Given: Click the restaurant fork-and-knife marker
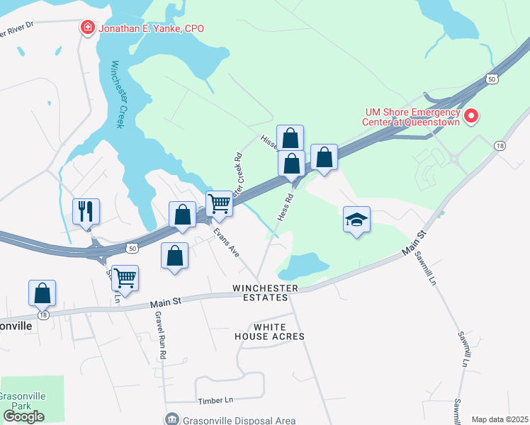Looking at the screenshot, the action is [x=86, y=210].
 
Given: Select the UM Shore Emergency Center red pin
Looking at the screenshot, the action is [x=470, y=115].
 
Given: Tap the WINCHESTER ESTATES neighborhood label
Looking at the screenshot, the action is [x=261, y=293].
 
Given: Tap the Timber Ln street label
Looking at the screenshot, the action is [x=218, y=400].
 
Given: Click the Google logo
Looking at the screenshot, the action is [x=23, y=416].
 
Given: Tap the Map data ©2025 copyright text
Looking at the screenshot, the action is [x=500, y=419].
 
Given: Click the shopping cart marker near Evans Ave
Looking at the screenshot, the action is [x=219, y=204].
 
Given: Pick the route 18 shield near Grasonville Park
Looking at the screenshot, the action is [x=43, y=315].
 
